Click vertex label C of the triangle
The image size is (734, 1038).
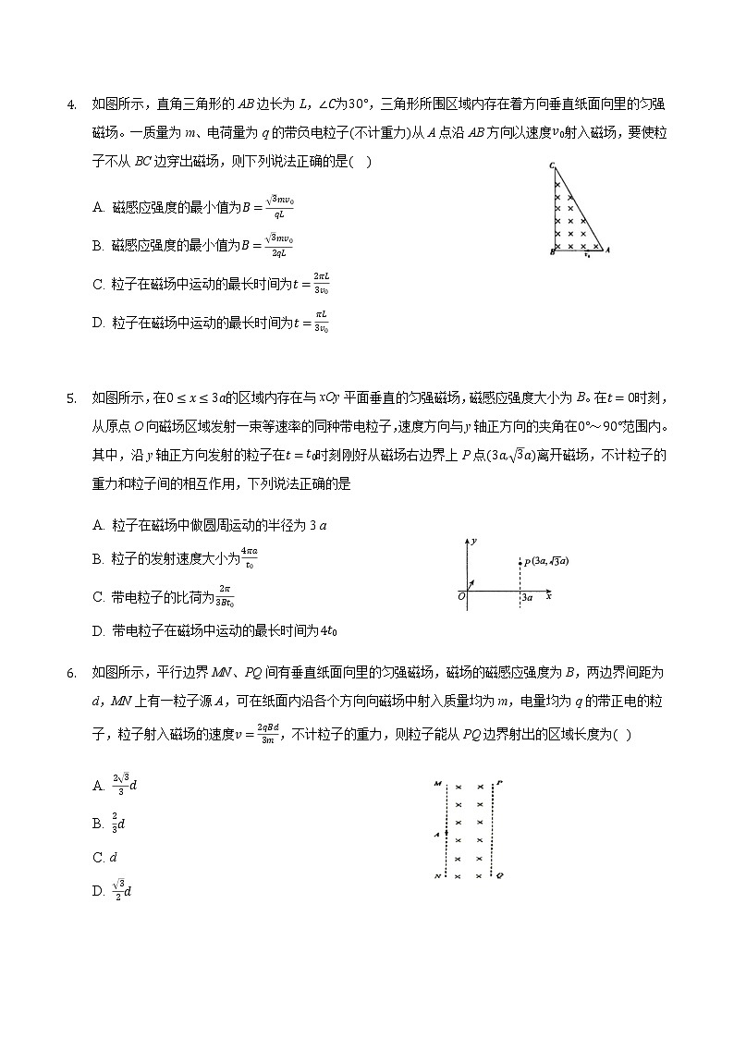(551, 166)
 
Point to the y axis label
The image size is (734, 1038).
(474, 539)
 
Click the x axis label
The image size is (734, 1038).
(549, 596)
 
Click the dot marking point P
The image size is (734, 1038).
(520, 561)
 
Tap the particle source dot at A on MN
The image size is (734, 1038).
(447, 833)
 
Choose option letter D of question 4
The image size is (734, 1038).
(98, 324)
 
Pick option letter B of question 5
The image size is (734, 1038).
(98, 559)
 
